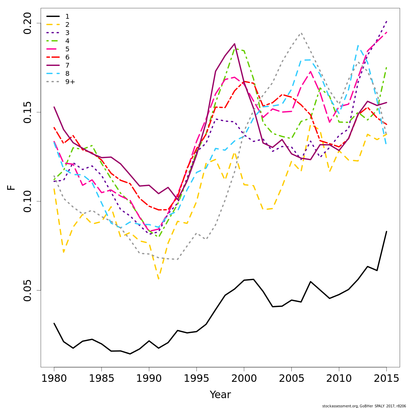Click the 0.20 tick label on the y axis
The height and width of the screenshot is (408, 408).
[27, 23]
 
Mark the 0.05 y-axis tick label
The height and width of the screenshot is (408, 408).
[27, 290]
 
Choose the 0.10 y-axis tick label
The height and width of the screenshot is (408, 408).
[27, 201]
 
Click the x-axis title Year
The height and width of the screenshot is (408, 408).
[220, 395]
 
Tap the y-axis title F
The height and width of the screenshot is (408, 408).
[12, 187]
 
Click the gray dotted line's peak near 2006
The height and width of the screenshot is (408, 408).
[301, 33]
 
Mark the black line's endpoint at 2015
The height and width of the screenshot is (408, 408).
[386, 232]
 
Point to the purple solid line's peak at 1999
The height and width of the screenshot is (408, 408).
[235, 44]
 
